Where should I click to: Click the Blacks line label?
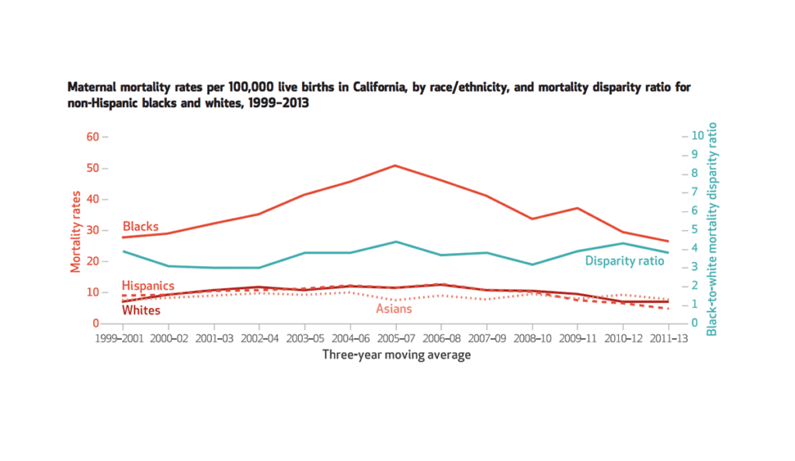141,227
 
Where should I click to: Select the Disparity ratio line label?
624,261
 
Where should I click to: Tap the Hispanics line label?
148,286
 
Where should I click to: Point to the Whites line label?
141,310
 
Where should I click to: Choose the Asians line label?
394,309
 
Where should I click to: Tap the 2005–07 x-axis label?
395,339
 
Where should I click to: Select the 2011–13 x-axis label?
668,339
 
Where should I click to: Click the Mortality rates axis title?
75,230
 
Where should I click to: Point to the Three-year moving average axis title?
396,355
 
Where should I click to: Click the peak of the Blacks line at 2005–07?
395,165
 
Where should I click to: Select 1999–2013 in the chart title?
274,103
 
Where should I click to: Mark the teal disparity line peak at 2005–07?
395,241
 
